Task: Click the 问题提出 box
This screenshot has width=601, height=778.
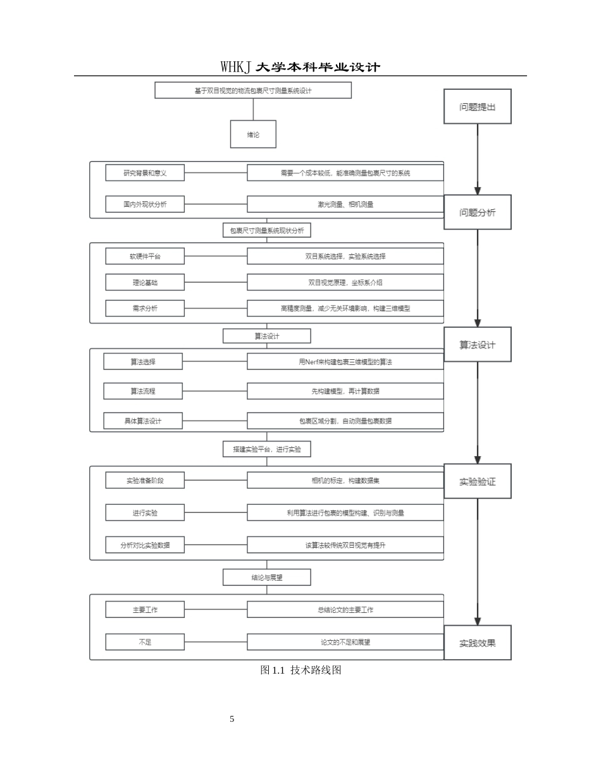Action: point(477,106)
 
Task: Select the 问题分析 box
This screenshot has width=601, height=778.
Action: point(477,212)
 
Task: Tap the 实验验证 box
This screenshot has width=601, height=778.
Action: point(477,481)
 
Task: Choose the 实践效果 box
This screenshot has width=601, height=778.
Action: point(477,642)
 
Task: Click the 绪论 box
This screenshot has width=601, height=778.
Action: point(253,134)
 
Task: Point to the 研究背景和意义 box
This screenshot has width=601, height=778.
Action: point(145,173)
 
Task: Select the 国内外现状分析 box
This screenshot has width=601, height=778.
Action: point(145,204)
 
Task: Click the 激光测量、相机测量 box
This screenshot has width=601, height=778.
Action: point(345,204)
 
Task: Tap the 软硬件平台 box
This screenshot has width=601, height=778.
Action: point(145,256)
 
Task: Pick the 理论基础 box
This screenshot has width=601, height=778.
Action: point(145,282)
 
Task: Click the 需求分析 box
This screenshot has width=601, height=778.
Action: point(145,308)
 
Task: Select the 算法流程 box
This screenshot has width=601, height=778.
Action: point(143,391)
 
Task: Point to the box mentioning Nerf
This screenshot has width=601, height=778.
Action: point(345,362)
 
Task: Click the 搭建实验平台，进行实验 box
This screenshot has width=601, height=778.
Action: point(267,449)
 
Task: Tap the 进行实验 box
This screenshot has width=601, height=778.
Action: point(145,512)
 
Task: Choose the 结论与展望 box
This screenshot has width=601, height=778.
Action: point(267,577)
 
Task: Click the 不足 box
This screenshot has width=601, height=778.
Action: point(145,642)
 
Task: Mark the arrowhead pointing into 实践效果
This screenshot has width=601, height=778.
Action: point(478,621)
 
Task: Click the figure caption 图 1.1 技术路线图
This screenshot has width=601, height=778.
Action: point(300,670)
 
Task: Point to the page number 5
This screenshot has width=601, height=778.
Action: point(232,719)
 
